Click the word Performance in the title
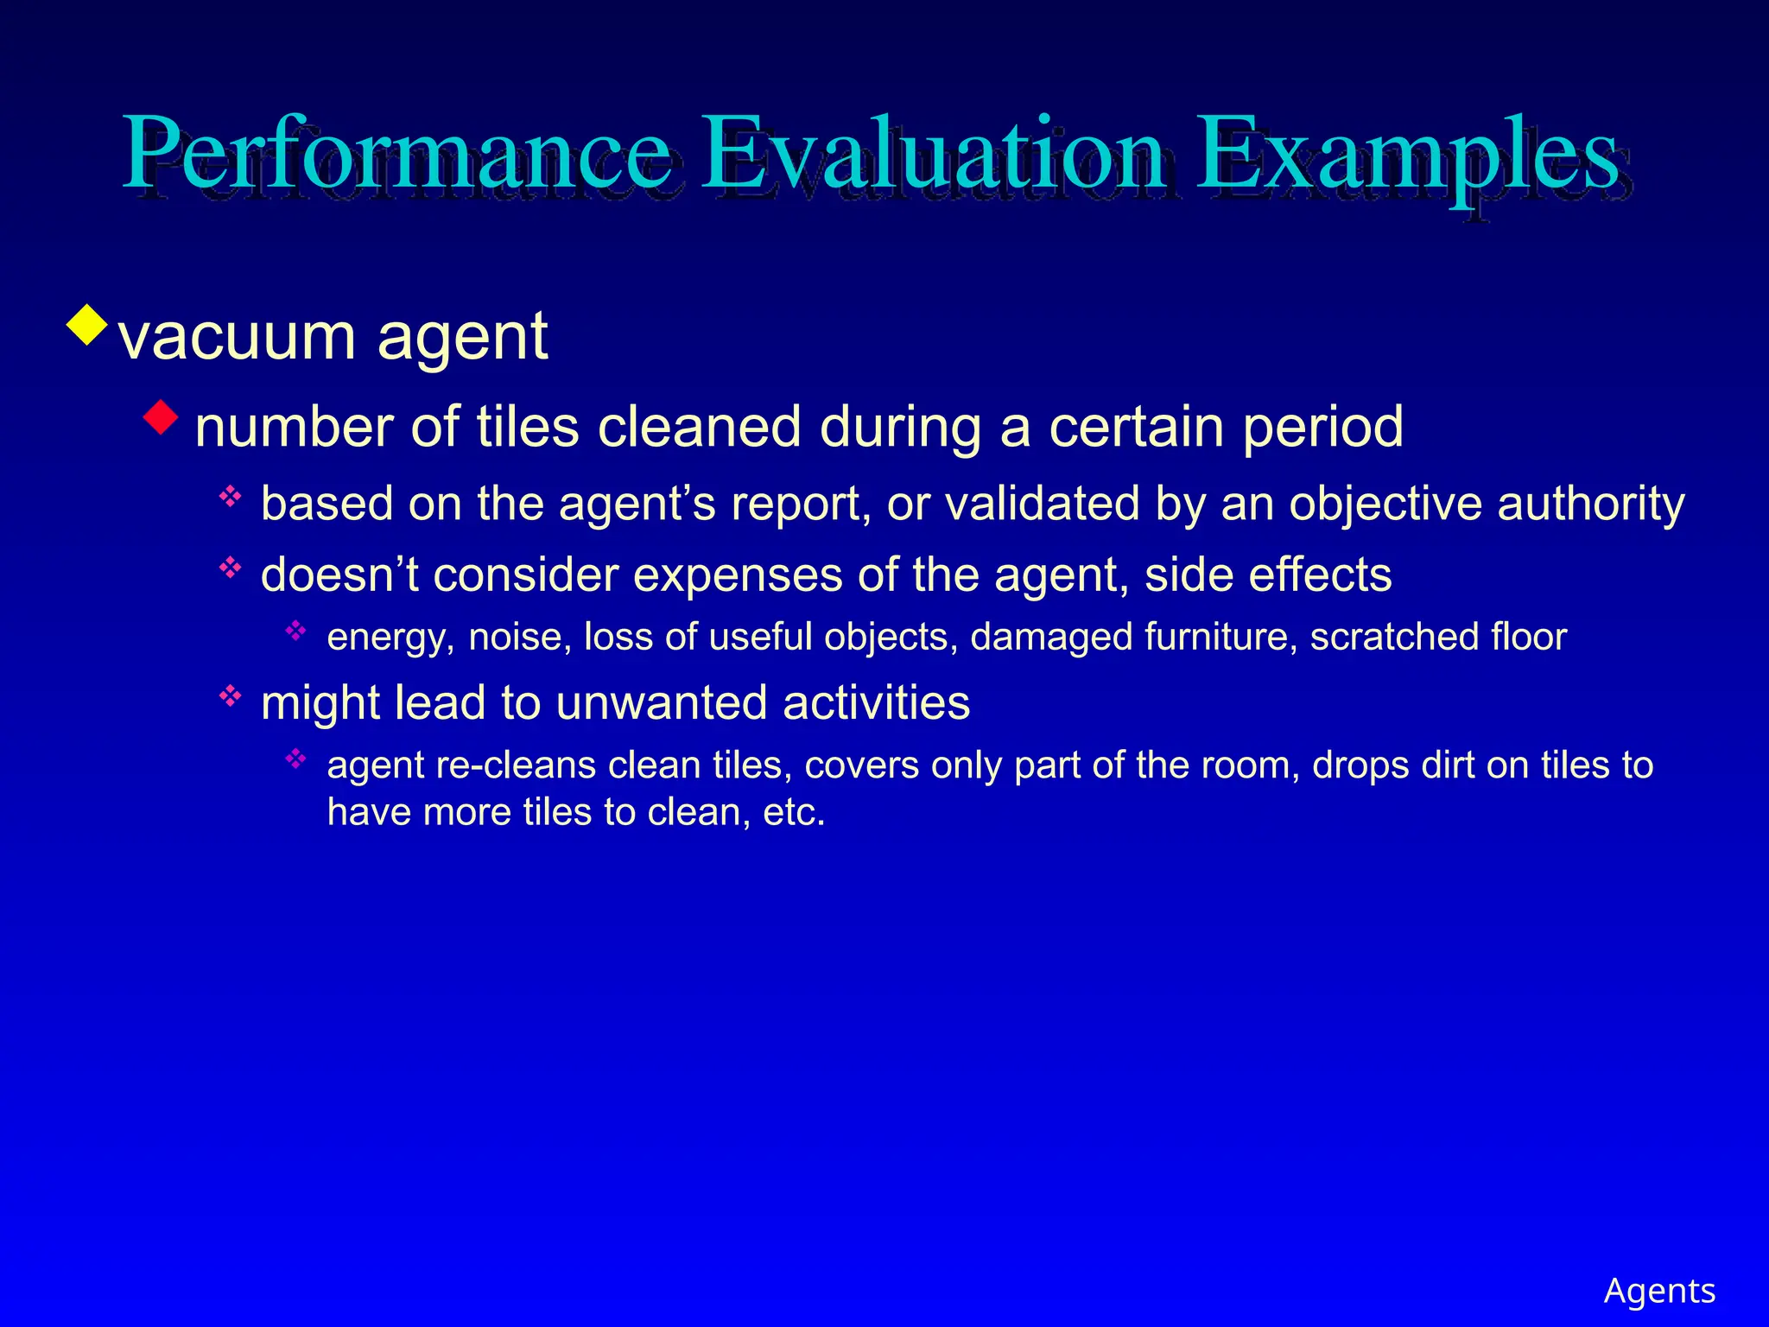click(x=397, y=156)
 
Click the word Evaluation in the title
click(x=933, y=156)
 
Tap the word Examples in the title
click(x=1408, y=156)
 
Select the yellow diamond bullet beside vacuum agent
click(x=88, y=326)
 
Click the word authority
click(x=1591, y=505)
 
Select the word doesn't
click(x=339, y=575)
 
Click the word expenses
click(x=738, y=575)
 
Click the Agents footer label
click(x=1659, y=1291)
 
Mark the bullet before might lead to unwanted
click(x=230, y=695)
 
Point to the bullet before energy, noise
click(x=296, y=631)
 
